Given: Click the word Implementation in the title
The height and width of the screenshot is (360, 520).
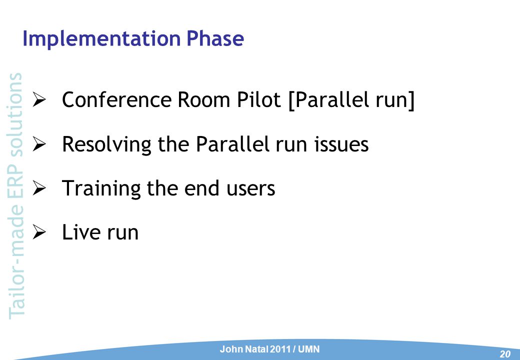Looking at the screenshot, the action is tap(101, 39).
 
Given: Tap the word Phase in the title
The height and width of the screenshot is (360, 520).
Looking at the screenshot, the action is tap(215, 38).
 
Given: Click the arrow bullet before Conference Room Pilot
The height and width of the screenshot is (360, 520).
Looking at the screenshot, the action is tap(39, 100).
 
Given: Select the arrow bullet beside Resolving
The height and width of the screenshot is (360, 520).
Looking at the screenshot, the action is tap(39, 144).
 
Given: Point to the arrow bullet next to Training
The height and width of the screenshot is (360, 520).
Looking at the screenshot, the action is tap(39, 188).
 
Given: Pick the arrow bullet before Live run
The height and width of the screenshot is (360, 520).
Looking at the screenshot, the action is tap(39, 232).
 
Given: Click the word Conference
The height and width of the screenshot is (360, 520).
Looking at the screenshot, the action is tap(117, 99).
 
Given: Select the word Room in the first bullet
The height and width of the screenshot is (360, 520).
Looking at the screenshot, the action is tap(204, 99).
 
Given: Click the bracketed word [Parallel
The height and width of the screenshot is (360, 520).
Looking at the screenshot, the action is tap(329, 100).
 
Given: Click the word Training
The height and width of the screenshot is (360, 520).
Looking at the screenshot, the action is tap(101, 189).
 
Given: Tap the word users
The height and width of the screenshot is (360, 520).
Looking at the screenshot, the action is tap(251, 189).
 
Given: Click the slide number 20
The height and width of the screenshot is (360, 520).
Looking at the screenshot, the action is tap(505, 354).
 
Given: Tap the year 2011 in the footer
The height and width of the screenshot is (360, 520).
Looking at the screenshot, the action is tap(280, 349).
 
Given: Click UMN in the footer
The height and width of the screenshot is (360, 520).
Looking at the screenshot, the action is tap(309, 349).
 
